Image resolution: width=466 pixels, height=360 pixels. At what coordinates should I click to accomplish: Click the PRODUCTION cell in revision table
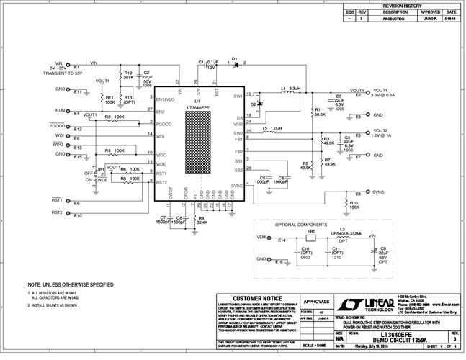395,19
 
